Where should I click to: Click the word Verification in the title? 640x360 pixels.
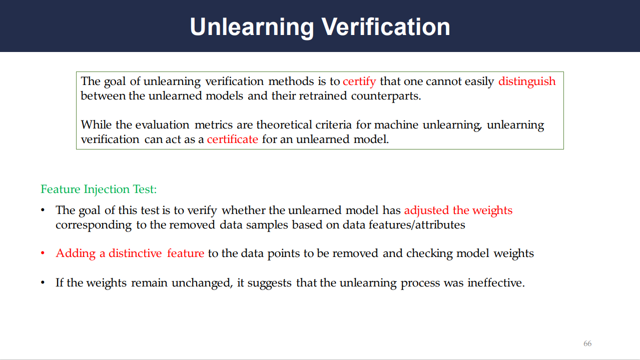pyautogui.click(x=386, y=27)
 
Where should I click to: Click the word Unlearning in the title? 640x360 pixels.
pyautogui.click(x=252, y=27)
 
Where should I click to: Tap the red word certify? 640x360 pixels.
pyautogui.click(x=359, y=81)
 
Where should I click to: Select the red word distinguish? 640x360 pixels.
pyautogui.click(x=527, y=81)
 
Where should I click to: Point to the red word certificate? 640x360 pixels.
pyautogui.click(x=232, y=139)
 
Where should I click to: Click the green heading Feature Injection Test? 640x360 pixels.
pyautogui.click(x=99, y=189)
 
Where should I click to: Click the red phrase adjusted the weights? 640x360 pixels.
pyautogui.click(x=458, y=210)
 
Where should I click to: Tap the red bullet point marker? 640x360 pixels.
pyautogui.click(x=43, y=253)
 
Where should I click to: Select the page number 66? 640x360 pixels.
pyautogui.click(x=587, y=343)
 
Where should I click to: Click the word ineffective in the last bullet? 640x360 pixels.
pyautogui.click(x=496, y=283)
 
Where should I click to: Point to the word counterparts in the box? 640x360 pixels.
pyautogui.click(x=386, y=96)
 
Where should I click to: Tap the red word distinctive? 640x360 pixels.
pyautogui.click(x=135, y=253)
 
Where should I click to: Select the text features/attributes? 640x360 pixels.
pyautogui.click(x=417, y=225)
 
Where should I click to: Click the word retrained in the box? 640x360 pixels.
pyautogui.click(x=323, y=96)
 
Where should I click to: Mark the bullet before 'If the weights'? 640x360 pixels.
pyautogui.click(x=43, y=282)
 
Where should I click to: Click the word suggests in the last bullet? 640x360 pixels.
pyautogui.click(x=269, y=283)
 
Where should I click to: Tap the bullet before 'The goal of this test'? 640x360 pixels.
pyautogui.click(x=43, y=210)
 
